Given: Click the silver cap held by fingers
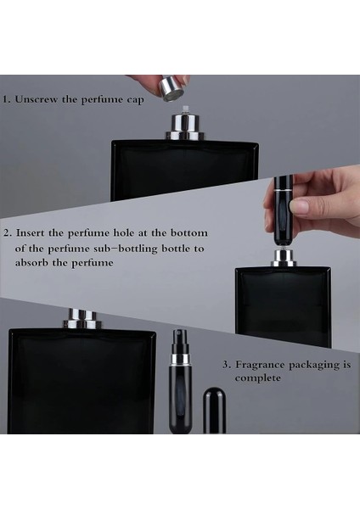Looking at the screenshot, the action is [172, 88].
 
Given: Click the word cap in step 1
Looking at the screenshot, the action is [135, 100].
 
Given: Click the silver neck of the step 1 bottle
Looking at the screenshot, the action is [185, 127].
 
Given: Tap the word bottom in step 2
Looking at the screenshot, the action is [189, 232].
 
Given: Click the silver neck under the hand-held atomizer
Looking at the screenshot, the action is [284, 258].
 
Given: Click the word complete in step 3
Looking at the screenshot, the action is [258, 378].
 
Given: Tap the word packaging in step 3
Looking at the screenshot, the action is [314, 366].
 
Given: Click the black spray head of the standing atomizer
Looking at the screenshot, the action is [180, 342].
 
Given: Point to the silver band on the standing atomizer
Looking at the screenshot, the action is [180, 359].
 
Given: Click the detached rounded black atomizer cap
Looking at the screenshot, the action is [215, 410].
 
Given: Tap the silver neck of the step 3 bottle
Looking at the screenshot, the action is [82, 319].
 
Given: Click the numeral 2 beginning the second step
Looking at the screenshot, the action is [7, 233].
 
